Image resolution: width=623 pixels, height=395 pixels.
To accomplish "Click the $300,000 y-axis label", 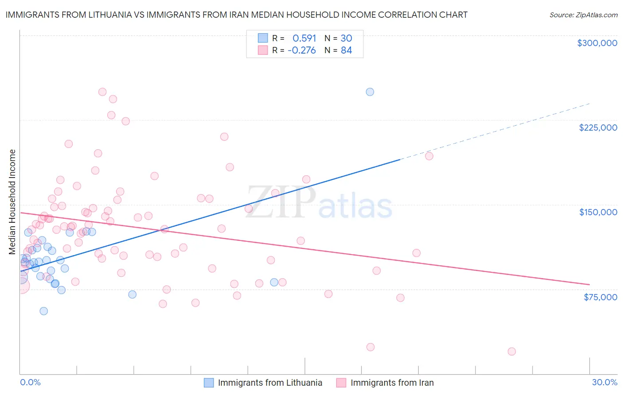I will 597,43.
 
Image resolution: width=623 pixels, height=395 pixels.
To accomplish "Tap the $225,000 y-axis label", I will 598,128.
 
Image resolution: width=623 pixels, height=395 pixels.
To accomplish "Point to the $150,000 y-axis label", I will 598,212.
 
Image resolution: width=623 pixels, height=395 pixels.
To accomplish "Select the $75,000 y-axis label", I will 600,297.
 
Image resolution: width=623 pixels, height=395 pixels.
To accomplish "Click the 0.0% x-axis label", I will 30,382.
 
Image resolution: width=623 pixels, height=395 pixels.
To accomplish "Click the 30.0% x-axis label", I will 604,382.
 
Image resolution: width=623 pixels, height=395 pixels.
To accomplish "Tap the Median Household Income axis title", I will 12,202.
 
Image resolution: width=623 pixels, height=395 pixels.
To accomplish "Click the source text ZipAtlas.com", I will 583,15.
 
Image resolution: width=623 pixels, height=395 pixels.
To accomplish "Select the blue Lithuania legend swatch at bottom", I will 209,383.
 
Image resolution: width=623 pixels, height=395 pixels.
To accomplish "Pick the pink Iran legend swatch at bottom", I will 341,383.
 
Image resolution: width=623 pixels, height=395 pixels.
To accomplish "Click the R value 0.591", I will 304,39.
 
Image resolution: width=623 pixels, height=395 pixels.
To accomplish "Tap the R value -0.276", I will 301,50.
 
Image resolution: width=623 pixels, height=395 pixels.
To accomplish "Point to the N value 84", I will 346,50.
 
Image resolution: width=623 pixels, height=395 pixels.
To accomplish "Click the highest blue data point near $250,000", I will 370,92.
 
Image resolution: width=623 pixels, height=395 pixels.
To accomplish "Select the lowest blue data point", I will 43,311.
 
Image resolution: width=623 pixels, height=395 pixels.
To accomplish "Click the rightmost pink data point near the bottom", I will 512,352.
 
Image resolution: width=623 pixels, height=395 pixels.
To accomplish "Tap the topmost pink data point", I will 102,92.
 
